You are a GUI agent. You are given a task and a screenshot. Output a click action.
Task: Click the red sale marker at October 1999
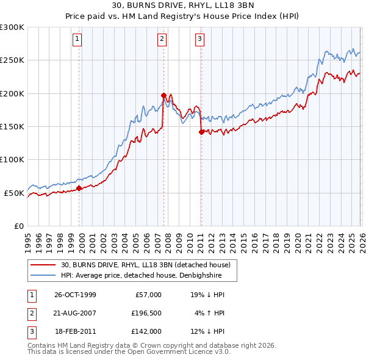[x=79, y=188]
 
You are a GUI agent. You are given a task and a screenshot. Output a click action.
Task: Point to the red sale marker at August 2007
[x=163, y=95]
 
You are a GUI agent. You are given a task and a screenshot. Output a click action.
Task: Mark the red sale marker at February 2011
[x=201, y=131]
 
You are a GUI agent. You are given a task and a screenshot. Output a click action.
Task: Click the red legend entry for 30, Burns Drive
[x=145, y=265]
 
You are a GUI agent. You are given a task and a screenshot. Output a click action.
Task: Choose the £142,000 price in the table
[x=147, y=331]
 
